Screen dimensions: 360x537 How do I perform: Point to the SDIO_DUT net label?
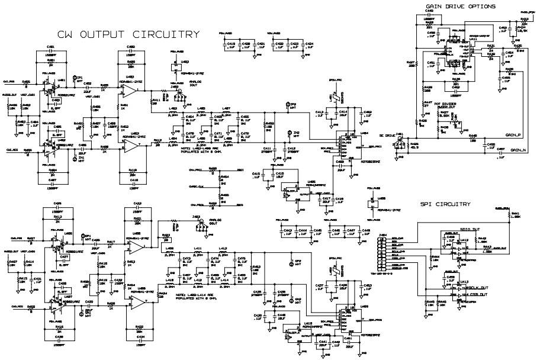[x=470, y=228]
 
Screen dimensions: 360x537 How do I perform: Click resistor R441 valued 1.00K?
[x=515, y=216]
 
